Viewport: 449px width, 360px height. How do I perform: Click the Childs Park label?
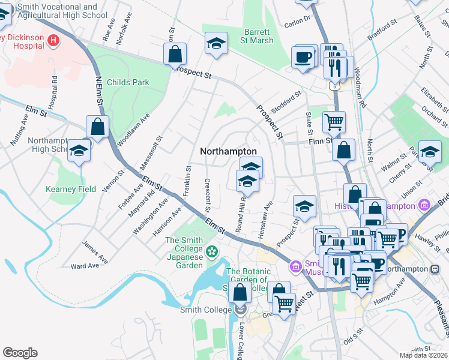coord(127,82)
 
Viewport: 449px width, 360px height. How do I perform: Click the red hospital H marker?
coord(54,40)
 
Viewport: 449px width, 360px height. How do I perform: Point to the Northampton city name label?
coord(228,152)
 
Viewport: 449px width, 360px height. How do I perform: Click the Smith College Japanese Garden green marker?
coord(211,250)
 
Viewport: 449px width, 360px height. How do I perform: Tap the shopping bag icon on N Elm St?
coord(97,127)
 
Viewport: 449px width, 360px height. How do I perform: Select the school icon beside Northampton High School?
coord(78,151)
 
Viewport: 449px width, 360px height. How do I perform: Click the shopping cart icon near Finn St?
coord(334,122)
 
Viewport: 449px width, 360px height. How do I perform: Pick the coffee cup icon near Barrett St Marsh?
coord(304,58)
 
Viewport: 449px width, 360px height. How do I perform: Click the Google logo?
coord(20,353)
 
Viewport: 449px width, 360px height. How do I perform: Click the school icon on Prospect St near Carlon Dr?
coord(216,43)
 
